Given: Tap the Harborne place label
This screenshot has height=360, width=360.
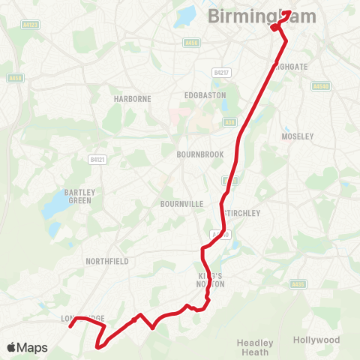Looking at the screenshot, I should [x=133, y=98].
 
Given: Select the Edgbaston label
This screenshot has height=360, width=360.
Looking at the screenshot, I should [x=205, y=95].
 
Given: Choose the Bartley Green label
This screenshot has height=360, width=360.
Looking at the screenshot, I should [x=78, y=196].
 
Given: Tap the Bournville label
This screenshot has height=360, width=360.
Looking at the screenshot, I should [x=182, y=203].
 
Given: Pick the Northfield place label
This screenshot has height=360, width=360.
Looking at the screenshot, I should [x=108, y=261].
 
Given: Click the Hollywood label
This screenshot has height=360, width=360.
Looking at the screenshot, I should [x=316, y=340].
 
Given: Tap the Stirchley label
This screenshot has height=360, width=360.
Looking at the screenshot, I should [x=243, y=213].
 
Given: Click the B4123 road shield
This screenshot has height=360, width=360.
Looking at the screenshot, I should [x=31, y=25].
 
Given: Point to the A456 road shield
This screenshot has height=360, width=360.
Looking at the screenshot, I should [x=191, y=43].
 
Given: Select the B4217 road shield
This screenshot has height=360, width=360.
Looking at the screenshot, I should [x=220, y=73].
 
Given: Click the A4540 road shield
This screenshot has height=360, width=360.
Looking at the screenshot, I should [x=321, y=86].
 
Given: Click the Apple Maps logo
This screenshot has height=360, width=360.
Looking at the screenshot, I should [x=27, y=347].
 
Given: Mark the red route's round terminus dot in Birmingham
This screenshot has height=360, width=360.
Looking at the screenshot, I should [x=275, y=28].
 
